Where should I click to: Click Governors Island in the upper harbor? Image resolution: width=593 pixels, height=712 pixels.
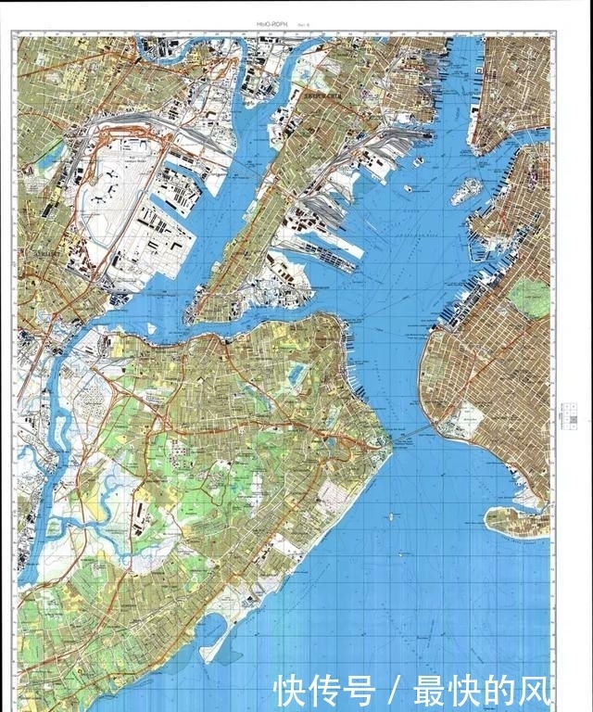point(466,191)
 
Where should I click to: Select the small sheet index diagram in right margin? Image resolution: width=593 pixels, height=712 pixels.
point(562,418)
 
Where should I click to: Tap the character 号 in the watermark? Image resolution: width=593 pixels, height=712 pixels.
point(360,691)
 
